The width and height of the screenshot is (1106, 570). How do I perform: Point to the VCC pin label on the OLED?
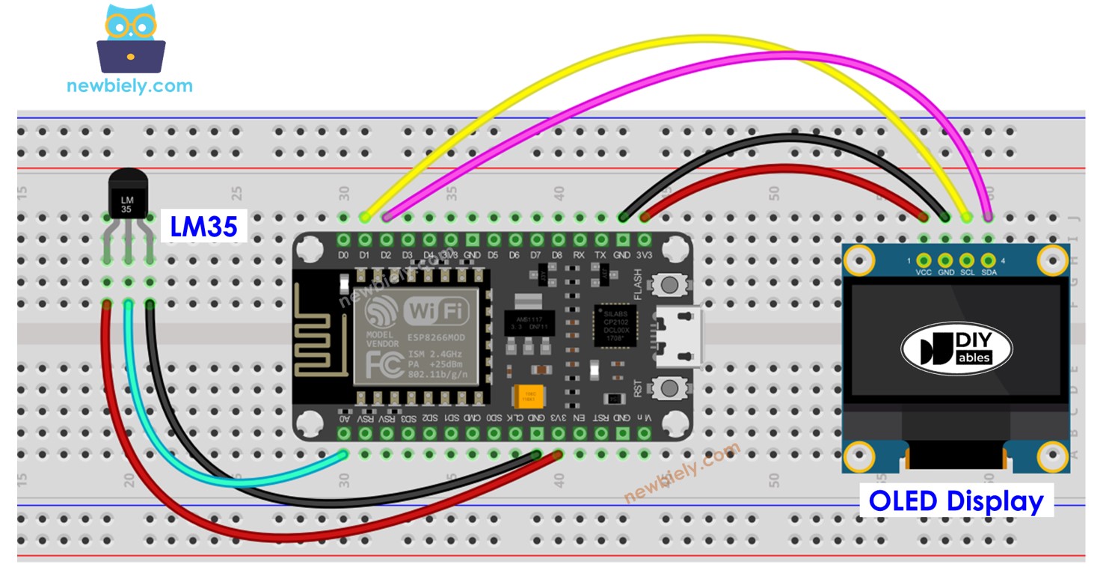pos(924,273)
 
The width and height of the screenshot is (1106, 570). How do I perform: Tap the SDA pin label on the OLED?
pos(989,273)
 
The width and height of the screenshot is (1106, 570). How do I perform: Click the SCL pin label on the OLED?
pos(967,273)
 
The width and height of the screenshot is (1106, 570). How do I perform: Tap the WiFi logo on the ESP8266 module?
pos(437,309)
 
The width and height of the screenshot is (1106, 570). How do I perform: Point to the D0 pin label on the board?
pos(344,256)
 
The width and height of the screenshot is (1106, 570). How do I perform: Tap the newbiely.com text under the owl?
pos(129,85)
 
